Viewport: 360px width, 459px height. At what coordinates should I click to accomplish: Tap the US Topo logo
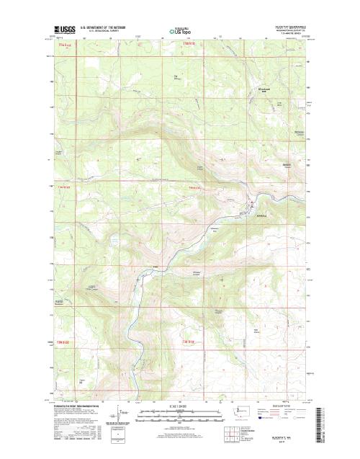tap(180, 30)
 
